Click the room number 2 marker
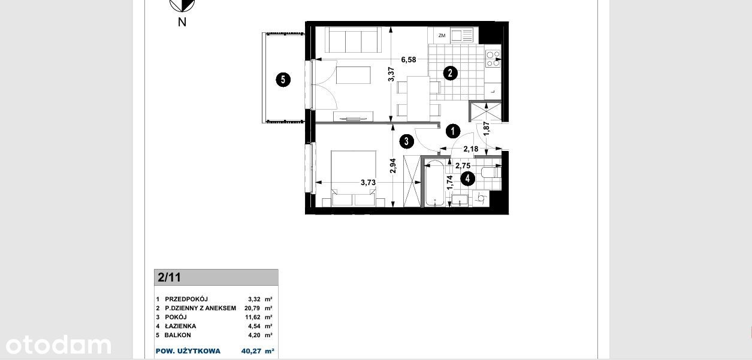(450, 73)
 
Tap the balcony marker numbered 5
(283, 80)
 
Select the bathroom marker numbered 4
(467, 179)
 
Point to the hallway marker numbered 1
(453, 131)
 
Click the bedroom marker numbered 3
(406, 141)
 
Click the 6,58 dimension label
(409, 60)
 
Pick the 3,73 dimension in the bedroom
(369, 183)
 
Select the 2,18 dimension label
(470, 149)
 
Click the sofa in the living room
(353, 40)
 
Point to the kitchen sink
(461, 35)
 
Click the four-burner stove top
(493, 59)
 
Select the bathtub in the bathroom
(435, 183)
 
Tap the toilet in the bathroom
(491, 173)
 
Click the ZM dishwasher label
(442, 35)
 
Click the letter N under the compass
(182, 22)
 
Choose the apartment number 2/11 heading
(169, 277)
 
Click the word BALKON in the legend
(177, 335)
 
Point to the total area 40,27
(251, 351)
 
